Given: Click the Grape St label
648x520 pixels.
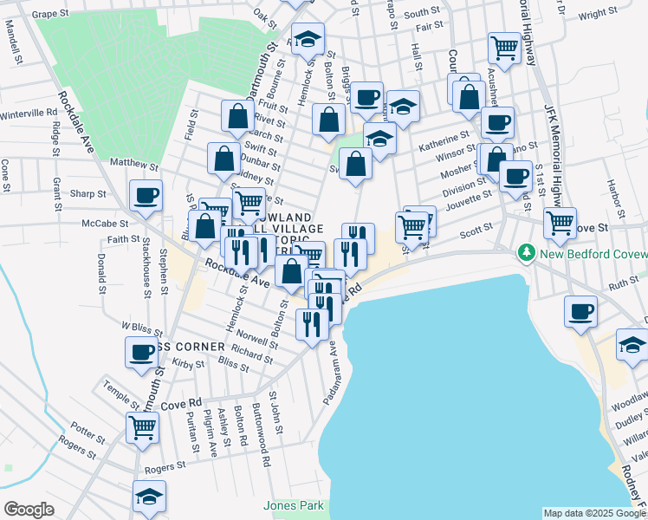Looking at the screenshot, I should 51,15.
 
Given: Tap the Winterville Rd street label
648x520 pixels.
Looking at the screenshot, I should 28,114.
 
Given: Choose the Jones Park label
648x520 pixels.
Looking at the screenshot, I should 292,505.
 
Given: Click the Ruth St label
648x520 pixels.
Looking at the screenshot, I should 622,283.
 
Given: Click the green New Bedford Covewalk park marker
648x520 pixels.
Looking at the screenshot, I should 525,252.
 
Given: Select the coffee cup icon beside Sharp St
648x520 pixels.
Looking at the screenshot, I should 145,195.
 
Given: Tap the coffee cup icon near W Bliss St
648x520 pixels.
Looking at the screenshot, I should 141,352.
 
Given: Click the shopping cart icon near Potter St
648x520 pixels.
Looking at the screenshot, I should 142,426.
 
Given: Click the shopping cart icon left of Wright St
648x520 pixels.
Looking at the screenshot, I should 503,47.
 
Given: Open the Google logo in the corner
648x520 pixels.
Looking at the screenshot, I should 29,510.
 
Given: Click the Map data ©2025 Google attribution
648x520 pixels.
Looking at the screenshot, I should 593,513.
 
